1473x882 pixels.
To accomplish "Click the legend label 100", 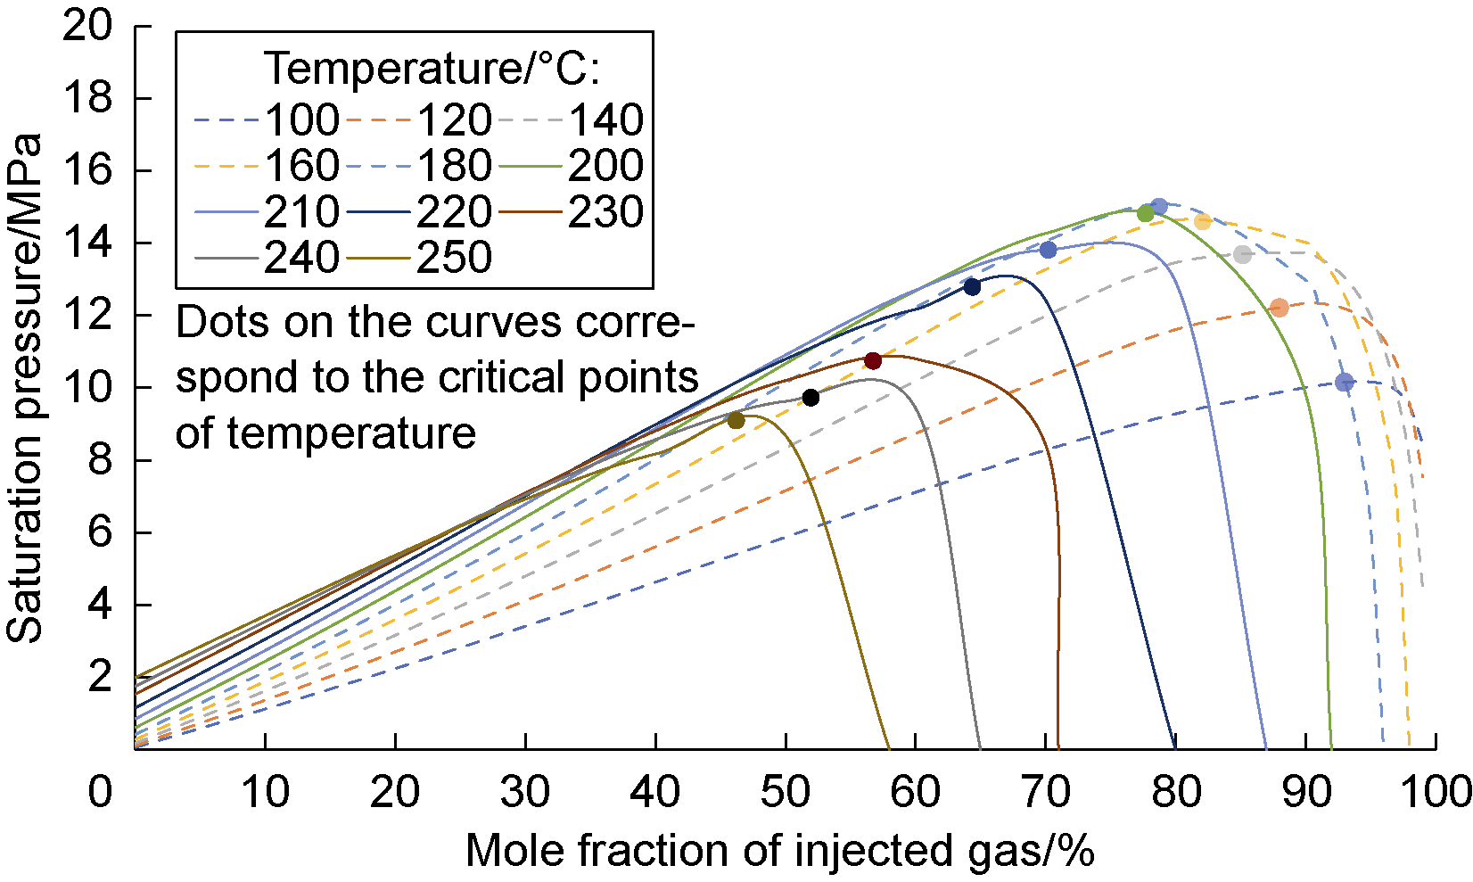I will click(302, 120).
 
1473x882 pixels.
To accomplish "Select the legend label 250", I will click(454, 258).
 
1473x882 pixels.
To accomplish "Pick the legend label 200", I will click(605, 166).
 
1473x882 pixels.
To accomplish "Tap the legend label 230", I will click(605, 212).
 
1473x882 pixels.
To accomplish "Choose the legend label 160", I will click(302, 166).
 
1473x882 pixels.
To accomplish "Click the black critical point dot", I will click(811, 397).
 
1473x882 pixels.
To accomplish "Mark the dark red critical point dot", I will click(873, 360).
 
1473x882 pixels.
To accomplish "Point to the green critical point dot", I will click(1146, 213).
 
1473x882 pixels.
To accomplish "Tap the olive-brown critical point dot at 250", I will click(736, 421).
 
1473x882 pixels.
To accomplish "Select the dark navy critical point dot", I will click(972, 286).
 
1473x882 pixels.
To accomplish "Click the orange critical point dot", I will click(1280, 308).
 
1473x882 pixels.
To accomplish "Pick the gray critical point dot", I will click(1243, 255).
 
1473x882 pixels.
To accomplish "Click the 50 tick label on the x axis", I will click(786, 791).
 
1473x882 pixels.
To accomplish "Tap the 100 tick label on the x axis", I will click(1436, 791).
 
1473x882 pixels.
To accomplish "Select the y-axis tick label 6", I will click(100, 532).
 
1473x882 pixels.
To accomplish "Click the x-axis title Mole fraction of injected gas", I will click(779, 851).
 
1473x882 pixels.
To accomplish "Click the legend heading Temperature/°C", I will click(434, 68).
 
